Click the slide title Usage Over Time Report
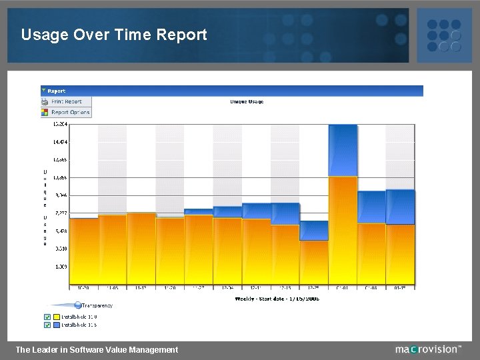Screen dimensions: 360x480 tap(114, 35)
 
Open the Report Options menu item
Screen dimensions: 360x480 tap(70, 112)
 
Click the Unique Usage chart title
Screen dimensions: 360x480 tap(247, 102)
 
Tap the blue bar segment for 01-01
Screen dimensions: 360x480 tap(343, 151)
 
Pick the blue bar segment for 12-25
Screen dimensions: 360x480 tap(314, 231)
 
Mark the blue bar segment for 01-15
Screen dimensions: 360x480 tap(400, 207)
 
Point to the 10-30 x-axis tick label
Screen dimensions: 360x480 tap(83, 288)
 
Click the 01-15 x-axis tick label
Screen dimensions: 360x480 tap(400, 288)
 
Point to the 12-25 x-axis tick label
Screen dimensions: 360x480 tap(314, 288)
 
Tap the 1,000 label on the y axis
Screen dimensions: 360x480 tap(61, 267)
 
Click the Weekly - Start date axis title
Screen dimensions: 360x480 tap(277, 299)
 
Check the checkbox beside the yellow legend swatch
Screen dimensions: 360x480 tap(47, 317)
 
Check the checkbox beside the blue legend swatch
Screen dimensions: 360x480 tap(47, 325)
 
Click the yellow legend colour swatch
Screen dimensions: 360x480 tap(57, 317)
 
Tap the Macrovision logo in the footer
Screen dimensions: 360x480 tap(427, 349)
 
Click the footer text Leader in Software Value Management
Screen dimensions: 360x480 tap(97, 349)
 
